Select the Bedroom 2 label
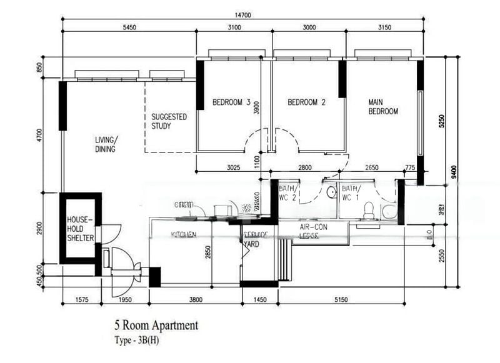tap(306, 102)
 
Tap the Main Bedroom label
tap(383, 107)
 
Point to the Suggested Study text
tap(170, 121)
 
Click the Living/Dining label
tap(106, 144)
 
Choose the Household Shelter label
tap(80, 229)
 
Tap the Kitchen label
tap(184, 234)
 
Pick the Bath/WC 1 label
tap(350, 192)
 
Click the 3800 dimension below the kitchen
tap(196, 300)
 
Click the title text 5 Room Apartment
tap(156, 325)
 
